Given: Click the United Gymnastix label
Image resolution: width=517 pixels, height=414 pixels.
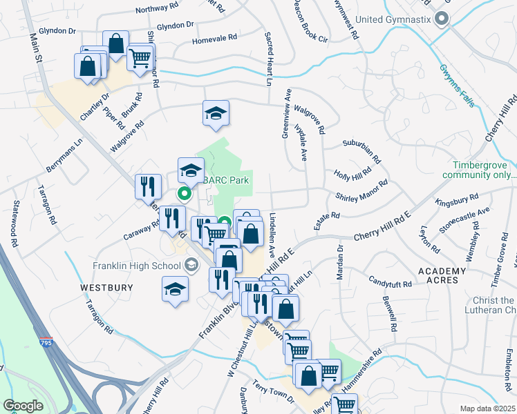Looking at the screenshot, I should coord(395,19).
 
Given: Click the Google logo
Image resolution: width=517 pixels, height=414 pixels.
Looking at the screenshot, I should coord(23,406).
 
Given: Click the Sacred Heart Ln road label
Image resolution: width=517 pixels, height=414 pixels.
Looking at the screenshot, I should coord(269,58).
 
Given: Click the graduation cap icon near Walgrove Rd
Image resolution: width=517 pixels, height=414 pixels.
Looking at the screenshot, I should coord(216,113).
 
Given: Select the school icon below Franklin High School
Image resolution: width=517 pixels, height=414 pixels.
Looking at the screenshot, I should coord(176,288).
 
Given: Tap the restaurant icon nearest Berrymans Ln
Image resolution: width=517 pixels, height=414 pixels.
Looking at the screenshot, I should coord(149,186).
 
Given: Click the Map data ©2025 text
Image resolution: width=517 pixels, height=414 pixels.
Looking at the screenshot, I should coord(488,408).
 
